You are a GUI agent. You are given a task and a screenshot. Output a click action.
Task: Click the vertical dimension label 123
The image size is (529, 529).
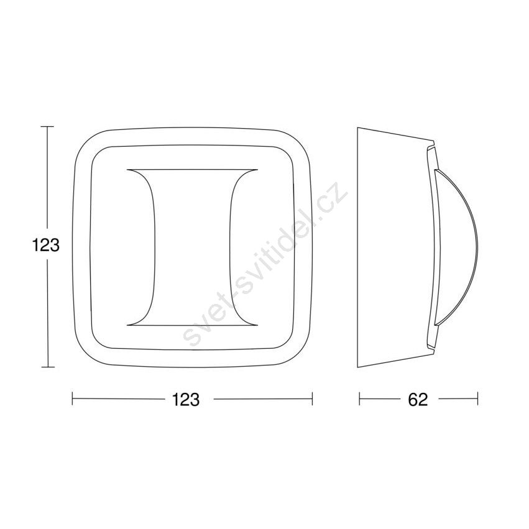46,245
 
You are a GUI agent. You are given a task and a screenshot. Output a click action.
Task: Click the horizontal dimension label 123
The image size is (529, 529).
186,400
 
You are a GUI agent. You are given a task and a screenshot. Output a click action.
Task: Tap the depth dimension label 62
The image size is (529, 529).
418,400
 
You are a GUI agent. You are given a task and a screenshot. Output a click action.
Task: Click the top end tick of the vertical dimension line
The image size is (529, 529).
47,127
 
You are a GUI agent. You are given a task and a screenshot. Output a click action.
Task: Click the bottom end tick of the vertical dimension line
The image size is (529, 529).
47,367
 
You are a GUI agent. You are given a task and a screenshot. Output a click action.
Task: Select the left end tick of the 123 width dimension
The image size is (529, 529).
73,398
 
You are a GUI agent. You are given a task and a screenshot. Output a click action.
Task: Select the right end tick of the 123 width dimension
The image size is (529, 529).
313,398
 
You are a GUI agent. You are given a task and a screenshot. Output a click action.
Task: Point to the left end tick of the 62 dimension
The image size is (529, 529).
360,398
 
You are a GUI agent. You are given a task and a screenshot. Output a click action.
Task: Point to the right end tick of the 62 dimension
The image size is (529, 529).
478,398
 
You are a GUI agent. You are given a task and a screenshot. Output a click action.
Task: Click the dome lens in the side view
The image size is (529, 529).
459,247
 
